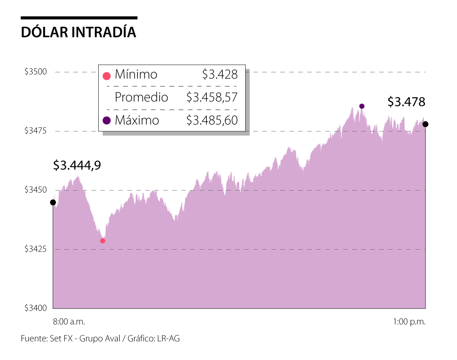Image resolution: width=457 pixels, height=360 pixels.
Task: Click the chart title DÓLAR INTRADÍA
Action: (78, 32)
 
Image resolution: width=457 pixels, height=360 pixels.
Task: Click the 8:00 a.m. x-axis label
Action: (69, 322)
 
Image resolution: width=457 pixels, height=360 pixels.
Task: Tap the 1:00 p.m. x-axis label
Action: (409, 322)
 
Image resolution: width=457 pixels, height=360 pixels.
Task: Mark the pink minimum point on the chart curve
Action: (102, 241)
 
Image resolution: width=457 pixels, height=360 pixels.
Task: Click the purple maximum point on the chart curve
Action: (362, 106)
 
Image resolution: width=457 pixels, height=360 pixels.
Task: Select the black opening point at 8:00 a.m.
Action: (53, 202)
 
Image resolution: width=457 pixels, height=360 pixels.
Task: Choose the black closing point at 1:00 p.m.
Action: (425, 124)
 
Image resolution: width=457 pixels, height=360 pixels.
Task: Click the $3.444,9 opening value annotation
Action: (77, 165)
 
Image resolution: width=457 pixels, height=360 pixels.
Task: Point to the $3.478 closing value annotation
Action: (406, 102)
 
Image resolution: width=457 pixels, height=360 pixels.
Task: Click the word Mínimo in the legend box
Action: (136, 75)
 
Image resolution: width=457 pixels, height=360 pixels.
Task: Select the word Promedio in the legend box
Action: (141, 97)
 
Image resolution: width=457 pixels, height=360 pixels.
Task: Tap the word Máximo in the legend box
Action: (137, 120)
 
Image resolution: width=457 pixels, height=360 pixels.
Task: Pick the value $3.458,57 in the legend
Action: (212, 97)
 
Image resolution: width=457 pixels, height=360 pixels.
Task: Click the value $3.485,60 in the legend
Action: (212, 120)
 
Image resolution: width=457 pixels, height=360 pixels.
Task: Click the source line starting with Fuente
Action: (100, 338)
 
